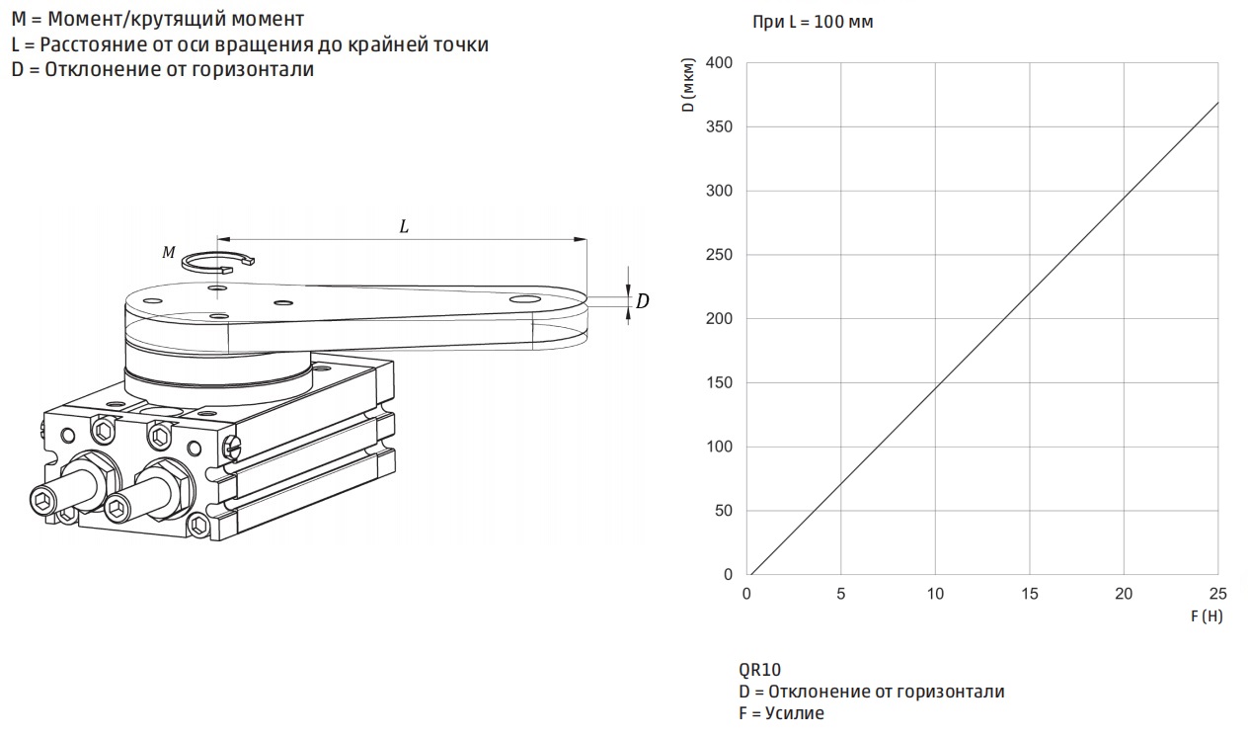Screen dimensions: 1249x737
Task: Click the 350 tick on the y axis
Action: click(719, 126)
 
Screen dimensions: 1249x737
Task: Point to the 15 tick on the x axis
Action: click(1029, 594)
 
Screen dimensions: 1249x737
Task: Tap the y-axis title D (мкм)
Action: click(689, 85)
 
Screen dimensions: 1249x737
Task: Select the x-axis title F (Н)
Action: click(1207, 615)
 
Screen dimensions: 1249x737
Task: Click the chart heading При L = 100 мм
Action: click(813, 22)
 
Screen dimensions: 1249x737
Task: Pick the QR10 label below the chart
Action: click(760, 669)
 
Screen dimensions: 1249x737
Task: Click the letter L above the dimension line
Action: click(404, 226)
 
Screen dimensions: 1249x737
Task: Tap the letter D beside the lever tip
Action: click(643, 301)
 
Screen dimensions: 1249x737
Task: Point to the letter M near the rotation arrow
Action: click(169, 252)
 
